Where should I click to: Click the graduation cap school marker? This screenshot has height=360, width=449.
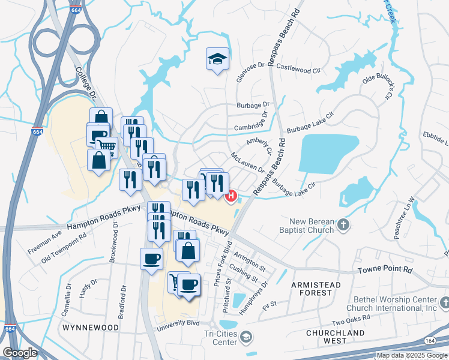217,59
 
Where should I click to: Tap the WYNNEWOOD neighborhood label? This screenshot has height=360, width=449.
91,328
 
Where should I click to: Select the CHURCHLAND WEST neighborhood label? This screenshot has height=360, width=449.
335,337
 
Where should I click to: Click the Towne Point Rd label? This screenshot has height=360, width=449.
387,271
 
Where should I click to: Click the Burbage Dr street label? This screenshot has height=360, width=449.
253,104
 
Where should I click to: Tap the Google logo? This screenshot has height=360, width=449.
20,352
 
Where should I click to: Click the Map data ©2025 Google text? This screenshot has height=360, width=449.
411,355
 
